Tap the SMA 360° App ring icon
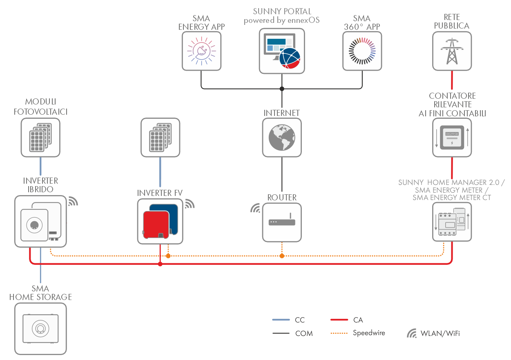(x=362, y=51)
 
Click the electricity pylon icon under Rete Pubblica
(x=451, y=51)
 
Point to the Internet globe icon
(x=282, y=138)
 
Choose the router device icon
(x=282, y=222)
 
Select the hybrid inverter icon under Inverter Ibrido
(x=40, y=221)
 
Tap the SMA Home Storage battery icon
(x=40, y=328)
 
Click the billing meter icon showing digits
(x=451, y=138)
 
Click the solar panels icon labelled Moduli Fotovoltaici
(x=40, y=138)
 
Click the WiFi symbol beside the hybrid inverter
(x=73, y=201)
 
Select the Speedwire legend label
(x=368, y=333)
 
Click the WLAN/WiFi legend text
(x=440, y=333)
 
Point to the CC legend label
(x=300, y=320)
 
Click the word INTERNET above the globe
(x=282, y=113)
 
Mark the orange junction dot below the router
(x=282, y=256)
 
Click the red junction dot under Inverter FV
(x=160, y=264)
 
